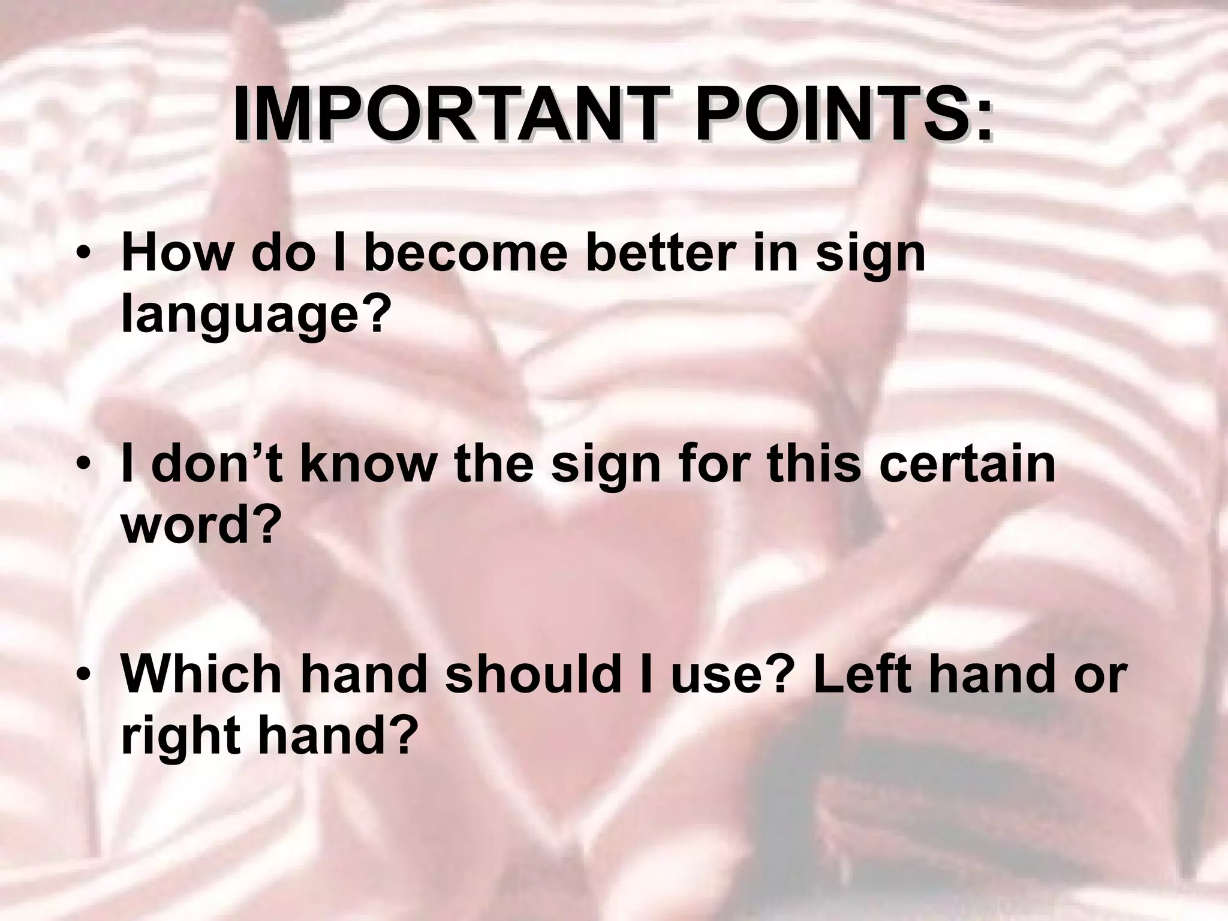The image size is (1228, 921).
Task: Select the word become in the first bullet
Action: point(465,253)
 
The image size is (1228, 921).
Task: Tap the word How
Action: point(176,253)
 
